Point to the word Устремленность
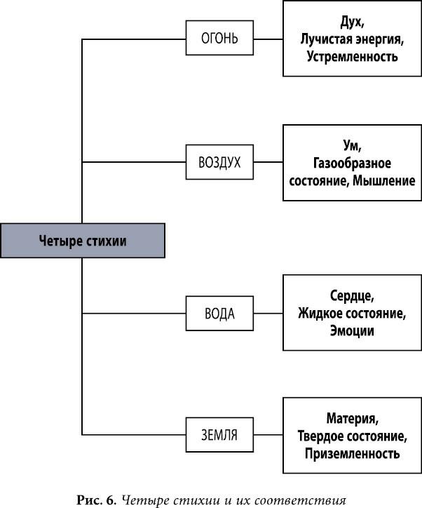coord(352,56)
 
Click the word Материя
coord(352,419)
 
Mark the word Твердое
coord(322,436)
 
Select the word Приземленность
coord(352,454)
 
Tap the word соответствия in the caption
coord(308,500)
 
